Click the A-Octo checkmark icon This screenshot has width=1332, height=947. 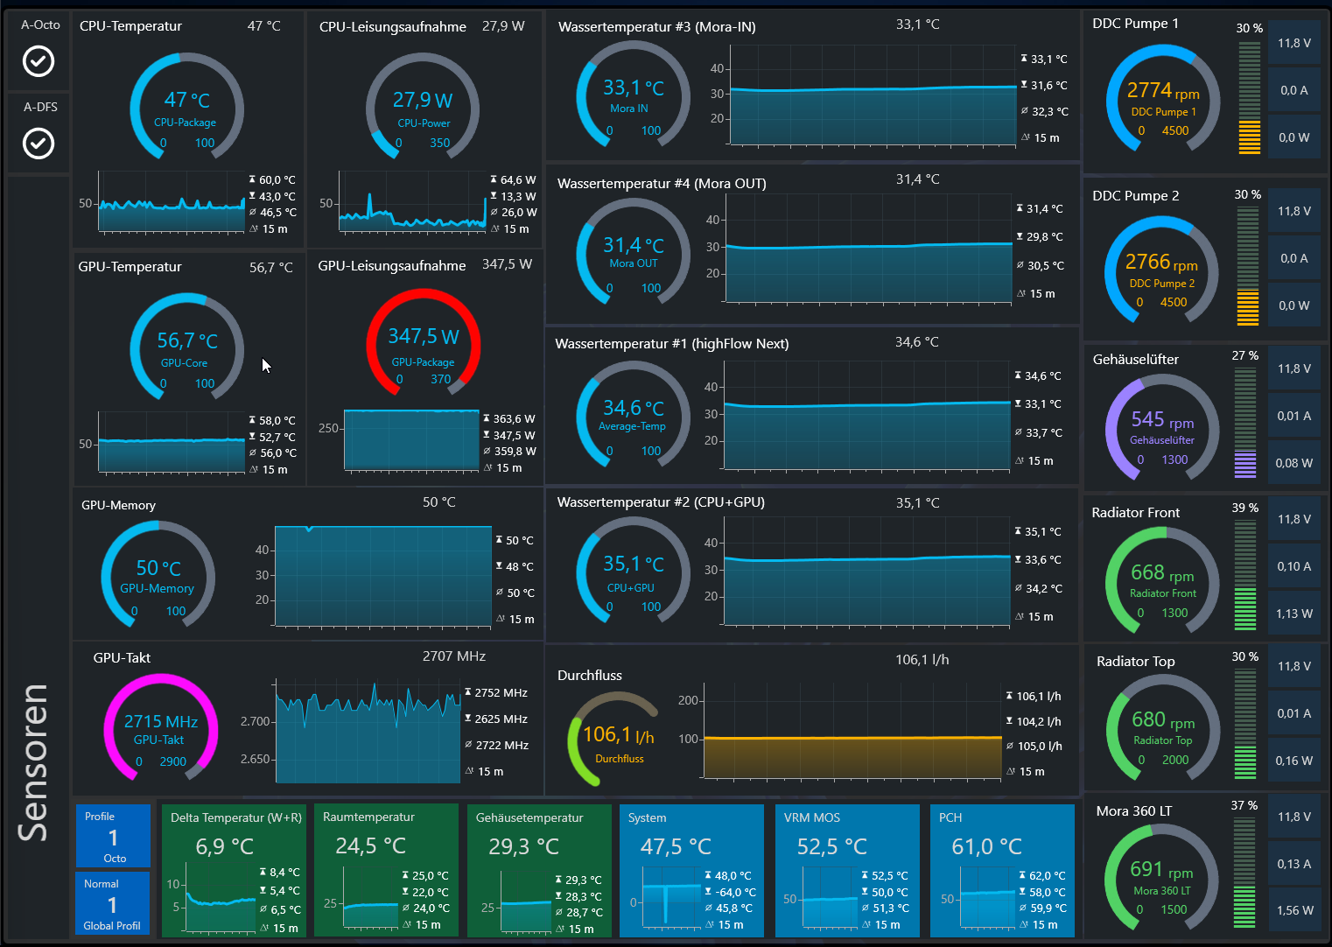39,61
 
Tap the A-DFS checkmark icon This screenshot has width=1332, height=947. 39,143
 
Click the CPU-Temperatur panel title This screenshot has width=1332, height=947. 130,26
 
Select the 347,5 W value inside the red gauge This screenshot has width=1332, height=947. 424,337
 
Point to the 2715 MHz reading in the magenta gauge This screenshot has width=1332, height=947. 161,722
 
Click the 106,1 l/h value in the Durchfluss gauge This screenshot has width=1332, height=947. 618,735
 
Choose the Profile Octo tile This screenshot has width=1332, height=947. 113,837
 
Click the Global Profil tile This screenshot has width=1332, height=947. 112,904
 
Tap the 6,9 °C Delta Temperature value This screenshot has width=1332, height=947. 225,846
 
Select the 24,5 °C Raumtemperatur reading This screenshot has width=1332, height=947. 371,846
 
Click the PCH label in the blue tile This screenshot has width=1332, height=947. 950,817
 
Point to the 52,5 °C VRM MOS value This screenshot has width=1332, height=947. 832,847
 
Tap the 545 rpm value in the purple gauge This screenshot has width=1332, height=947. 1161,420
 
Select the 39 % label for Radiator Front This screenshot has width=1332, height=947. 1244,508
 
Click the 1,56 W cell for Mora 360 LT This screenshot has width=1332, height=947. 1294,910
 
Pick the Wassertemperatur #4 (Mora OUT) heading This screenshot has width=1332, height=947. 662,184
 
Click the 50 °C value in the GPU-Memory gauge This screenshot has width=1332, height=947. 158,569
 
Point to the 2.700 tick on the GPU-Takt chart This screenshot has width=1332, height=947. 256,721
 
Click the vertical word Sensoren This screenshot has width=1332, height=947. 33,761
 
